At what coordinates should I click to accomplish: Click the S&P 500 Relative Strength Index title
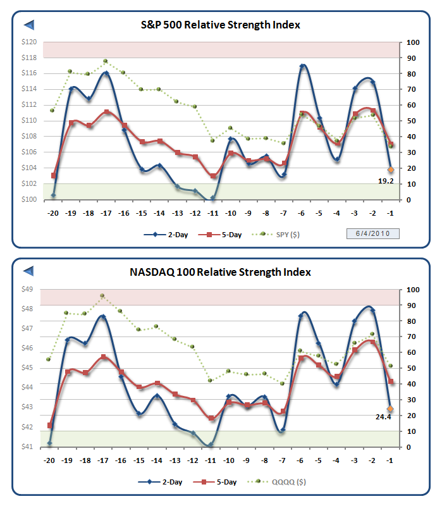click(220, 25)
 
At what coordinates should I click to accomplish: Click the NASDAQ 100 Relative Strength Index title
click(220, 273)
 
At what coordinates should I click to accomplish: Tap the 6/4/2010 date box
click(372, 234)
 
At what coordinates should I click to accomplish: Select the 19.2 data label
click(386, 181)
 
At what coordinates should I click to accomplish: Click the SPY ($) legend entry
click(281, 235)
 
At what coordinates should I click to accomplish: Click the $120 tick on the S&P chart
click(30, 42)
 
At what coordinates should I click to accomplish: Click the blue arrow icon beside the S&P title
click(29, 25)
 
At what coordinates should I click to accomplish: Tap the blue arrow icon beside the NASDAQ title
click(29, 272)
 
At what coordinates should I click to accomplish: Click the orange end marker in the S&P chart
click(391, 170)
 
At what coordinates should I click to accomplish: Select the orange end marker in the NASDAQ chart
click(391, 409)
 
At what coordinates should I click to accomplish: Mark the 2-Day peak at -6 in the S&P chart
click(304, 66)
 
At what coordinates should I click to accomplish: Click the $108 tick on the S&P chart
click(30, 137)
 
